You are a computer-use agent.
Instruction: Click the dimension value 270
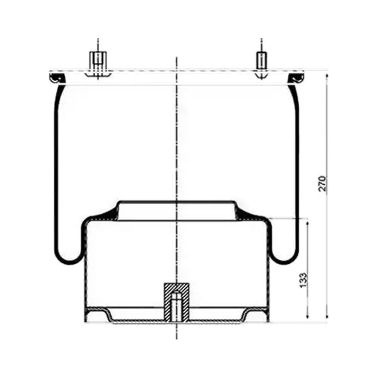(322, 183)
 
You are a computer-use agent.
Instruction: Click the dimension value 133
(303, 280)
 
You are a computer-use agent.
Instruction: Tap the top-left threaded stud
(98, 61)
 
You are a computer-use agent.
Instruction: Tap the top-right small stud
(261, 60)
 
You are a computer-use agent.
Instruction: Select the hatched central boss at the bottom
(176, 302)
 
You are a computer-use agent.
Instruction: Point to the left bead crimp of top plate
(57, 78)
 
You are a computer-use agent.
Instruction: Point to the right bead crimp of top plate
(296, 78)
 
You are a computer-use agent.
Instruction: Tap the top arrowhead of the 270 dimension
(327, 76)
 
